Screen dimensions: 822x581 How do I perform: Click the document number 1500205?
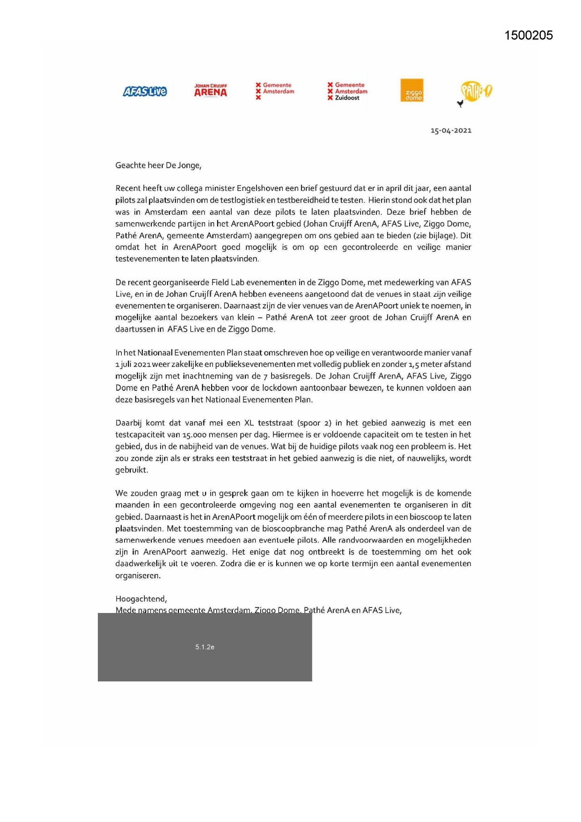click(x=528, y=36)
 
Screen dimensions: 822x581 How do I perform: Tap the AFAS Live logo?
click(x=145, y=91)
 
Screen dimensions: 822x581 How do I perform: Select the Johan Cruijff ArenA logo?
click(x=211, y=90)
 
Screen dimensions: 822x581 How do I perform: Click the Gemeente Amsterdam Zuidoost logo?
click(x=347, y=91)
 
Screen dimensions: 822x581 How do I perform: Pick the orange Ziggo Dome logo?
click(x=412, y=90)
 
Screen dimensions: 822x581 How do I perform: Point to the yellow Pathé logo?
click(x=475, y=91)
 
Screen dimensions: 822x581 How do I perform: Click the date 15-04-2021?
click(x=451, y=131)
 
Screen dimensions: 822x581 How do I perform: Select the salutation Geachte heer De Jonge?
click(x=158, y=165)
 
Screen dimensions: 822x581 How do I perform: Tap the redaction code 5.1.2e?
click(x=205, y=647)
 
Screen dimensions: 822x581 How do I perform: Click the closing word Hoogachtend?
click(x=141, y=599)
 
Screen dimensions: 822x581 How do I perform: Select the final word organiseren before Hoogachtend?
click(x=138, y=575)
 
